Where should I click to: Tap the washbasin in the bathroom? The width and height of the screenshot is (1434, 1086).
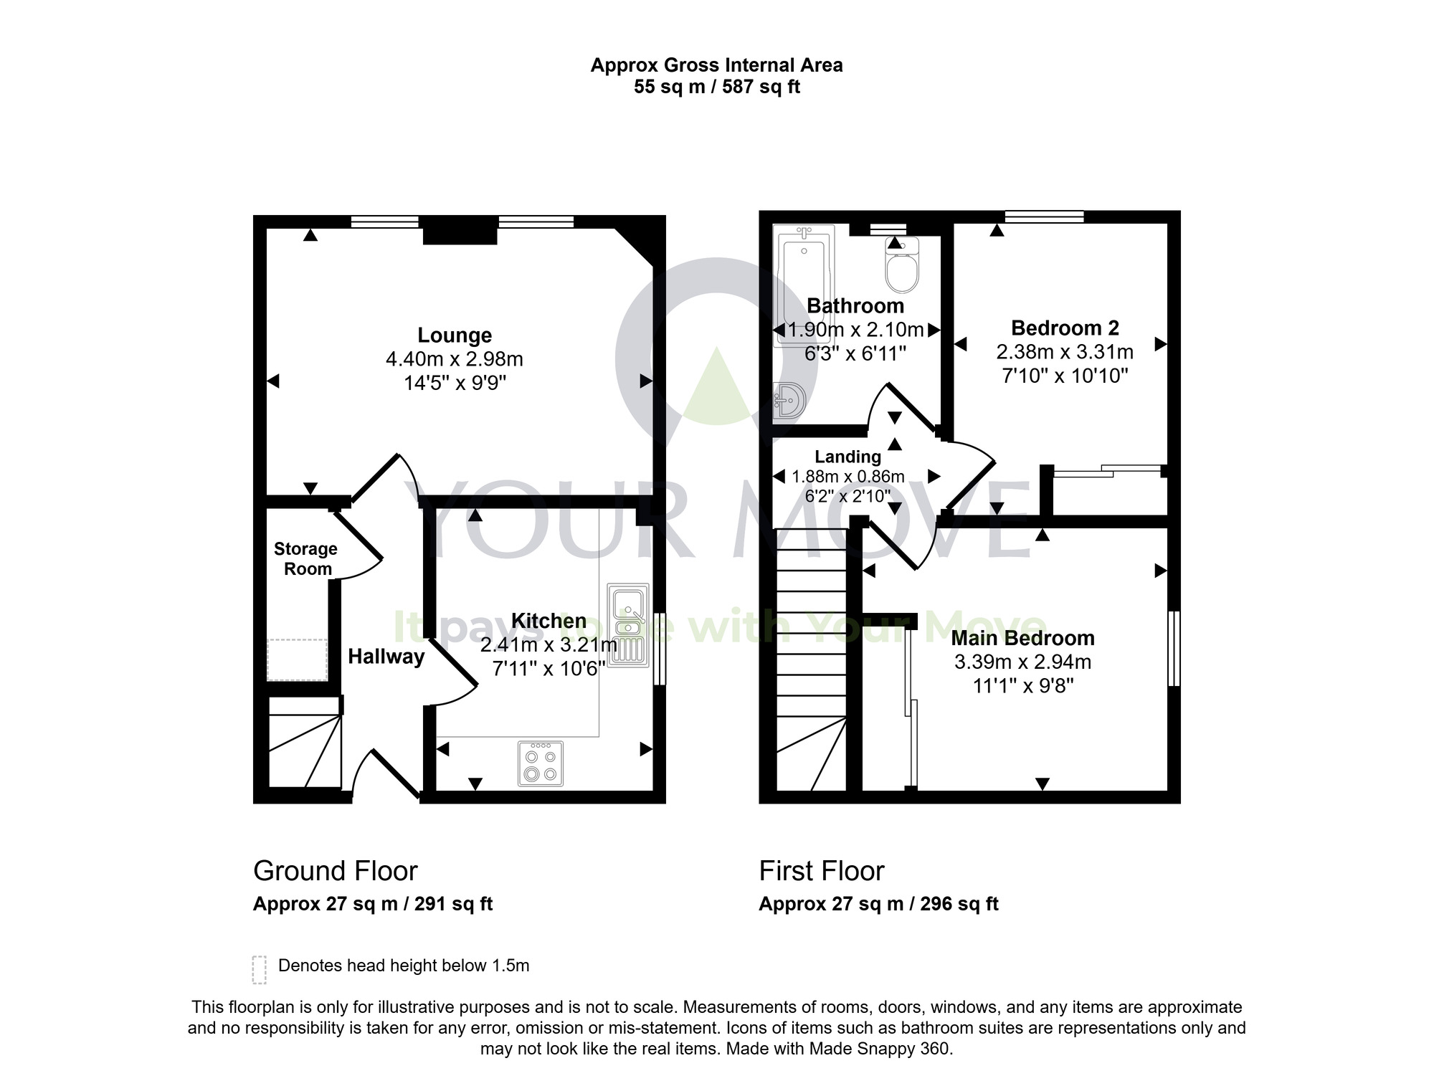coord(790,401)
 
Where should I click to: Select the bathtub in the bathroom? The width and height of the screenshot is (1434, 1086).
coord(803,285)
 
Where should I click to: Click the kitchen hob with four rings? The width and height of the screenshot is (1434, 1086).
coord(541,764)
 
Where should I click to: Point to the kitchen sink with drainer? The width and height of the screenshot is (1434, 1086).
coord(627,621)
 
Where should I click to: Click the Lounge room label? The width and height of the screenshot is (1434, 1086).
coord(455,335)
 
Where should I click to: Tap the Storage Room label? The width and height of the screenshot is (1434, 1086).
coord(306,558)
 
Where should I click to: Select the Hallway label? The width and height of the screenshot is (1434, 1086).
coord(386,657)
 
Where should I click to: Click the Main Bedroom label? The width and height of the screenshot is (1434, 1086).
coord(1022,638)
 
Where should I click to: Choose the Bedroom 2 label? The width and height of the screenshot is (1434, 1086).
coord(1065,328)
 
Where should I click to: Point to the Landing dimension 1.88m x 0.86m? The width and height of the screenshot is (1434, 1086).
coord(847,477)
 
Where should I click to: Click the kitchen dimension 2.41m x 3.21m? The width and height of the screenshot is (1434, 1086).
coord(548,645)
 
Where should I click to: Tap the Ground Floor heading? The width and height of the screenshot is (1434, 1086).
coord(335,871)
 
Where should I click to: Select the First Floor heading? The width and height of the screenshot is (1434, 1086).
coord(822,871)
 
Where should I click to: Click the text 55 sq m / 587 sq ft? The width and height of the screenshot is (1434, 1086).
coord(716,87)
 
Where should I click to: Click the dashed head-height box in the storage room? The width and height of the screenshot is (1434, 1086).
coord(298,659)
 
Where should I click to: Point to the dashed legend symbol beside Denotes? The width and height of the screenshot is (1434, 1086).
coord(260,969)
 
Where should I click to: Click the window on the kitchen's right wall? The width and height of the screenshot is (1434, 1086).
coord(660,648)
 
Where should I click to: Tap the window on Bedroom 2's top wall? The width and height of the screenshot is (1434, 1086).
coord(1044,216)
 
